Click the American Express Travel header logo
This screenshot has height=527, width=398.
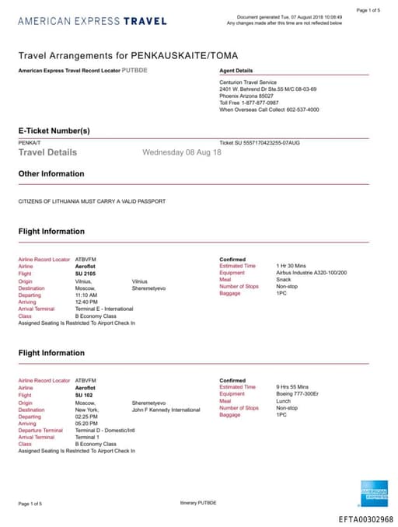point(92,21)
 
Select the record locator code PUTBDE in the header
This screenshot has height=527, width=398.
point(135,70)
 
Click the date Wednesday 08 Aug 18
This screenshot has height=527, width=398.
point(182,152)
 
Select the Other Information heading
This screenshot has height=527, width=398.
point(51,174)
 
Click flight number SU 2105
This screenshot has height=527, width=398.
point(86,273)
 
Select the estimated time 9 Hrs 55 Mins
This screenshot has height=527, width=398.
point(292,387)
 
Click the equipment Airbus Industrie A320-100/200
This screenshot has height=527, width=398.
point(311,273)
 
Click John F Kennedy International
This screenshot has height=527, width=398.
point(166,409)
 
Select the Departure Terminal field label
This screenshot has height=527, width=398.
point(40,430)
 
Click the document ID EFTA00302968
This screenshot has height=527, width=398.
point(365,518)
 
